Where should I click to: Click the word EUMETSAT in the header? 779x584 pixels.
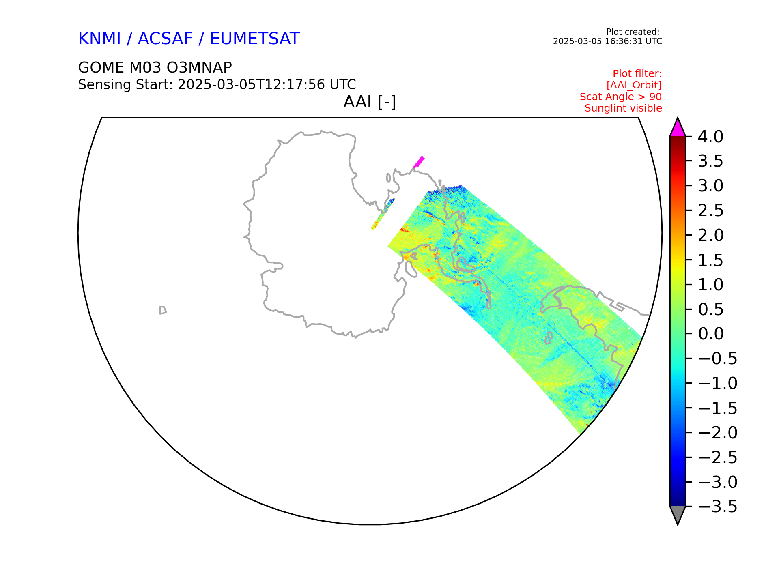coord(255,39)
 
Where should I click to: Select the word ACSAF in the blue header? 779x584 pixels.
coord(165,39)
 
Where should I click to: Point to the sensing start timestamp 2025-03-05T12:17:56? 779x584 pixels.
coord(251,85)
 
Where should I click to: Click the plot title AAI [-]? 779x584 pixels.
coord(370,102)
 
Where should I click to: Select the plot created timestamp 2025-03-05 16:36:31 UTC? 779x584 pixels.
coord(607,41)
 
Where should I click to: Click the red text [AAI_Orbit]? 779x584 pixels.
coord(634,85)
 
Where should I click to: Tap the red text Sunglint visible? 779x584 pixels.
coord(623,108)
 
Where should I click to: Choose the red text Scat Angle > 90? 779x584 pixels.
coord(621,97)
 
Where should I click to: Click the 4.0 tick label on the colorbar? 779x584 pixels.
coord(710,137)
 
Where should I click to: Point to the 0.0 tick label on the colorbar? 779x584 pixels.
coord(710,334)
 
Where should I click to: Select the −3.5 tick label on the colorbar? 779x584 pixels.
coord(717,507)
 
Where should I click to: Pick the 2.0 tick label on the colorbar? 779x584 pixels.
coord(710,235)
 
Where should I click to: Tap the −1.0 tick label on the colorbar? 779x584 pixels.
coord(717,383)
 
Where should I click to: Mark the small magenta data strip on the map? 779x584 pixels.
coord(419,162)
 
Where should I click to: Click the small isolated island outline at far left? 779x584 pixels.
coord(162,310)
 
